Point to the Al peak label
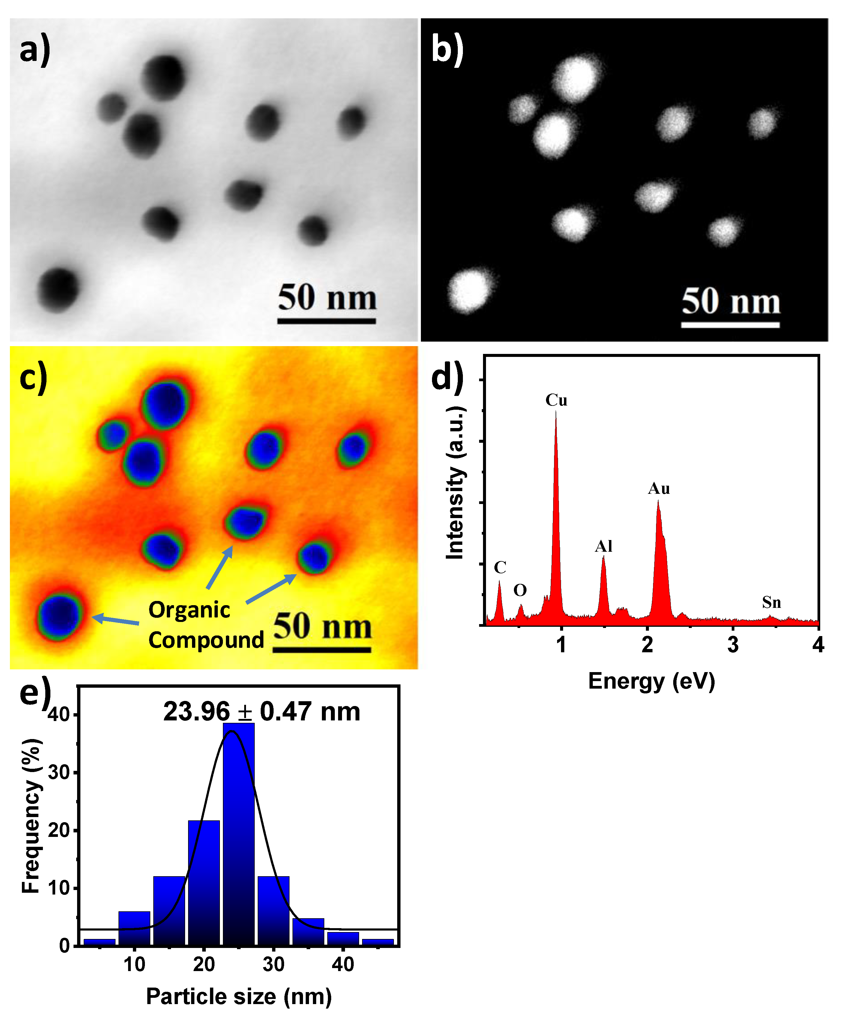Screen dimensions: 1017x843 point(604,546)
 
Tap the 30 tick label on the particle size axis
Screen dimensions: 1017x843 point(273,965)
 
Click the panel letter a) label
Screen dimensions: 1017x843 point(35,50)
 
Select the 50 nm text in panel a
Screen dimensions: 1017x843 point(327,297)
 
